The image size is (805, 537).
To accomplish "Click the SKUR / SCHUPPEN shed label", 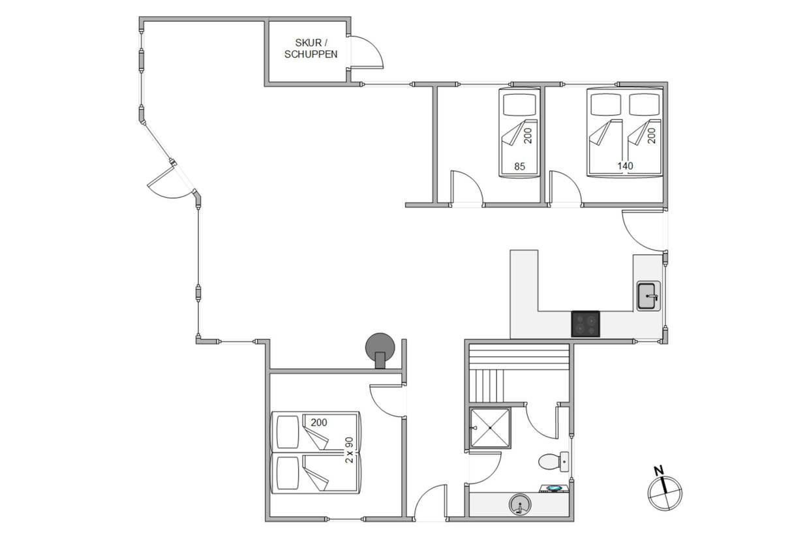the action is pyautogui.click(x=311, y=48).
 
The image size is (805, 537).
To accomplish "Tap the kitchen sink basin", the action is pyautogui.click(x=648, y=296).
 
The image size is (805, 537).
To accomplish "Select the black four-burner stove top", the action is pyautogui.click(x=585, y=324).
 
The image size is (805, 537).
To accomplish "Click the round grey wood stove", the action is pyautogui.click(x=380, y=348).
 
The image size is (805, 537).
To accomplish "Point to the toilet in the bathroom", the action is pyautogui.click(x=553, y=461).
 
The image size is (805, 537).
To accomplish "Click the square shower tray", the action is pyautogui.click(x=490, y=428).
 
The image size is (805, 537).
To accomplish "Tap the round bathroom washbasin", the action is pyautogui.click(x=520, y=504).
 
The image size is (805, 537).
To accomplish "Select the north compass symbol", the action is pyautogui.click(x=664, y=493).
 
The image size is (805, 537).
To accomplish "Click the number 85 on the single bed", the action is pyautogui.click(x=519, y=166).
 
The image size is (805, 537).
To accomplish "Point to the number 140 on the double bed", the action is pyautogui.click(x=625, y=166).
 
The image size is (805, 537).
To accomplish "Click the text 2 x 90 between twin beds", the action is pyautogui.click(x=349, y=450).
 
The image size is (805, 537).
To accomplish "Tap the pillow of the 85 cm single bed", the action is pyautogui.click(x=519, y=104).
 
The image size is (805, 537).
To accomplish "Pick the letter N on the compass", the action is pyautogui.click(x=658, y=470).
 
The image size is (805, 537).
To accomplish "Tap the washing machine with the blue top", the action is pyautogui.click(x=554, y=488).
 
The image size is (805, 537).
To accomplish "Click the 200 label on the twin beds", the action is pyautogui.click(x=319, y=422).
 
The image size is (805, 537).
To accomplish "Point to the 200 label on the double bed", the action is pyautogui.click(x=652, y=136).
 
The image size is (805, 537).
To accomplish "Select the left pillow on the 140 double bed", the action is pyautogui.click(x=606, y=104).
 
